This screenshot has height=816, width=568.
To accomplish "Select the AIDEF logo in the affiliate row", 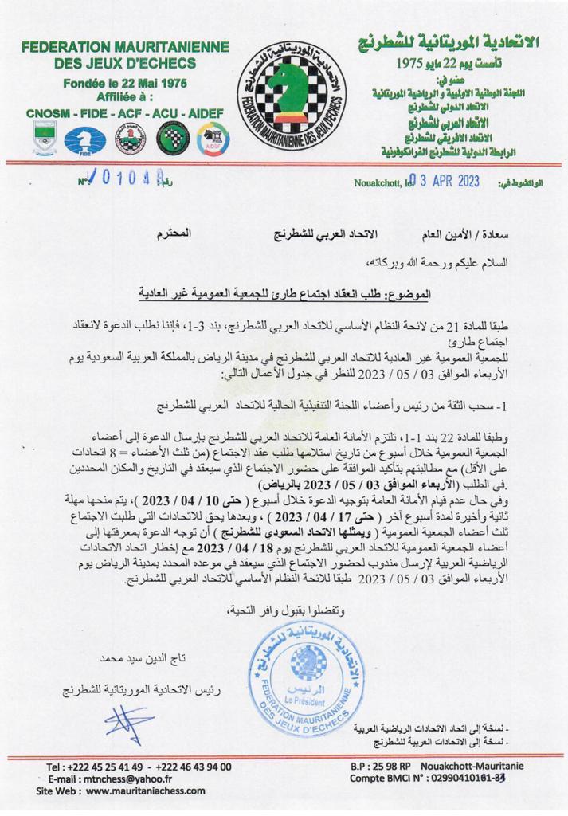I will point(212,140).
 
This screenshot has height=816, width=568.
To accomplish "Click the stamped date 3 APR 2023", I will point(443,180).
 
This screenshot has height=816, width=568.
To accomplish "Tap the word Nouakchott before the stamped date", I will point(379,182).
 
